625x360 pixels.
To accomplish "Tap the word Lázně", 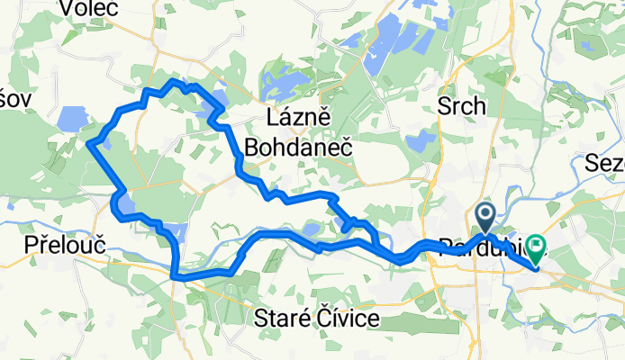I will coord(302,118).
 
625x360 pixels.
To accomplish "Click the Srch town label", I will coord(461,106).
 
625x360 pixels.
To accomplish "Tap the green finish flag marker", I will coord(537,244).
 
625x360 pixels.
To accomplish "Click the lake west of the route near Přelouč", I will coord(70,120).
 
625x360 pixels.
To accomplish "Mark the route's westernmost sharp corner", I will coord(88,141).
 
